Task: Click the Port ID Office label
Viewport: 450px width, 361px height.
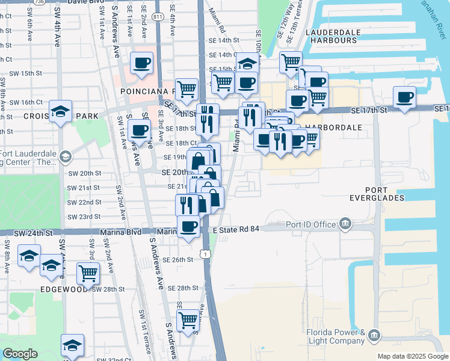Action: click(311, 224)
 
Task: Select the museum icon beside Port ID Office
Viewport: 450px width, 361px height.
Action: click(345, 224)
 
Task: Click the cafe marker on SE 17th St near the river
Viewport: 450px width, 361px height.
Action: click(404, 97)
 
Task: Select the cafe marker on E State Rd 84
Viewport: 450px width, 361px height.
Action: click(190, 226)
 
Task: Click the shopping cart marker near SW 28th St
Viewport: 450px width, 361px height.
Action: click(88, 273)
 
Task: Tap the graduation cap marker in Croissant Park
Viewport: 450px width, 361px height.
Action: click(60, 111)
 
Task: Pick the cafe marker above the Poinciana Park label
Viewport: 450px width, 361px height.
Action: click(142, 63)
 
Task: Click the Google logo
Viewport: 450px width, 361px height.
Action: click(20, 354)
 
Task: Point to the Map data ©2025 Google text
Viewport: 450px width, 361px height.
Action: click(413, 356)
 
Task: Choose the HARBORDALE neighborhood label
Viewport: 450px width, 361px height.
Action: click(333, 128)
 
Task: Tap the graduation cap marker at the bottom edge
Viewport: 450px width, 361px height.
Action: click(72, 345)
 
